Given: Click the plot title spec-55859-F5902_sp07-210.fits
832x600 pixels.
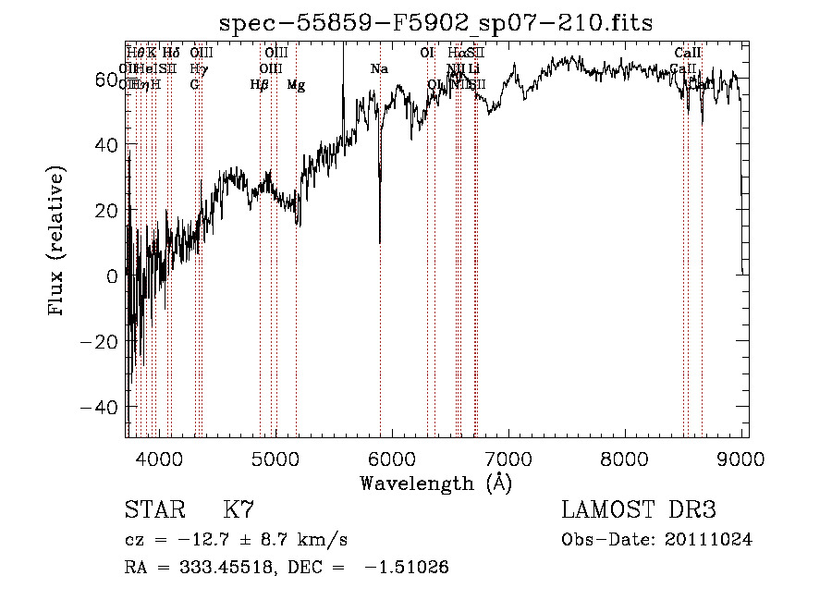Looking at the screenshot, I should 435,23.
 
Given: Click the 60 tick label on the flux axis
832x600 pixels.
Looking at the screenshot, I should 106,80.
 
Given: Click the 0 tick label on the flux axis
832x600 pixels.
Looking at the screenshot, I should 112,276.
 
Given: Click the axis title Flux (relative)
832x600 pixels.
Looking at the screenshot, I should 57,242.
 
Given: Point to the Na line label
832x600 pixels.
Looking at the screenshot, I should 379,69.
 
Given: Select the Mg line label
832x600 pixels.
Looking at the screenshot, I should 296,85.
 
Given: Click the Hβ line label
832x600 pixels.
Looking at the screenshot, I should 260,85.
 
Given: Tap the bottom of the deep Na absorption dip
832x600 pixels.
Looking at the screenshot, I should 380,241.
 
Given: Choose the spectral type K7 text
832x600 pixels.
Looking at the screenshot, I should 239,510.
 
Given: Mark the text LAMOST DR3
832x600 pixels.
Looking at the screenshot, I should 639,510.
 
